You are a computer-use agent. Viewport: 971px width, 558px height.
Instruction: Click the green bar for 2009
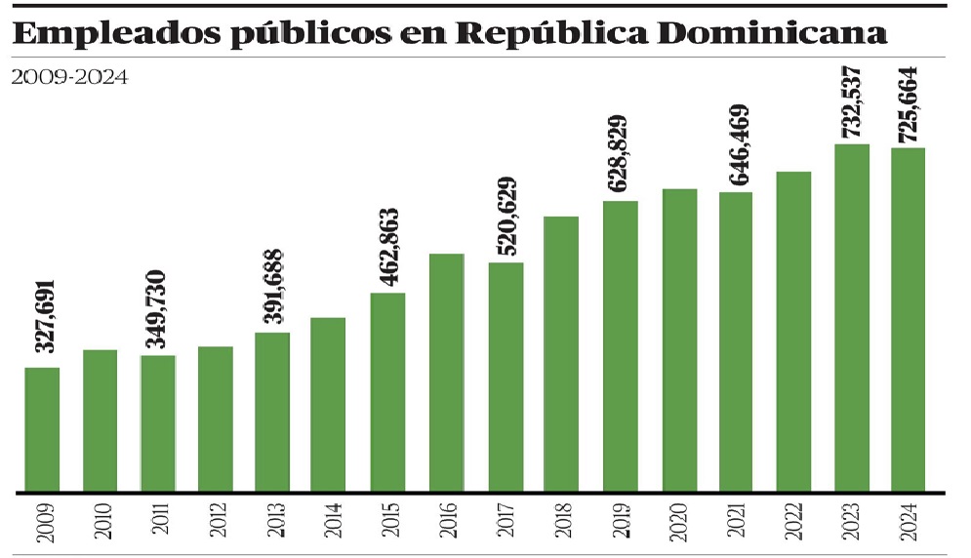click(x=42, y=429)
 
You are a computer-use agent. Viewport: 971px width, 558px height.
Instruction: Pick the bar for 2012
click(x=216, y=418)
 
